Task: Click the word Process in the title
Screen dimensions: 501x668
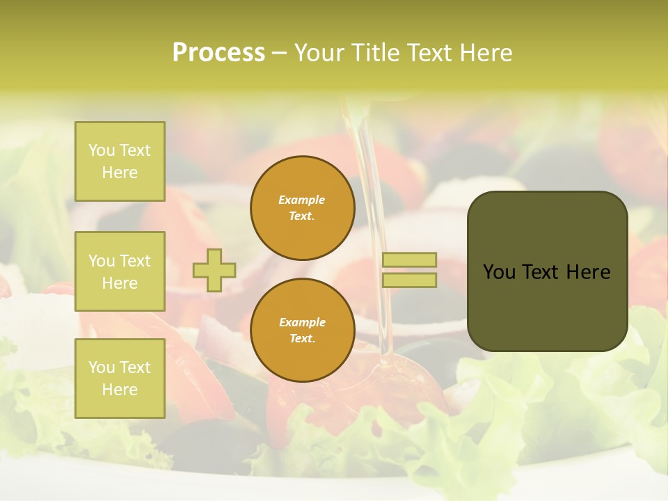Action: click(x=218, y=52)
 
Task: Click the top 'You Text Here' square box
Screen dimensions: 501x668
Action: click(x=120, y=161)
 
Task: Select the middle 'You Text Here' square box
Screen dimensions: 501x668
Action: click(x=120, y=271)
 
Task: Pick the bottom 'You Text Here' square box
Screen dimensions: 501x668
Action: click(x=120, y=379)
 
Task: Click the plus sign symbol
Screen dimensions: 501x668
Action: click(x=214, y=270)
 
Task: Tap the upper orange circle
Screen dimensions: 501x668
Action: click(x=303, y=207)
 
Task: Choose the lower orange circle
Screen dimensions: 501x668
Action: click(x=303, y=330)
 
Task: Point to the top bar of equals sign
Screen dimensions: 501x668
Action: click(x=410, y=260)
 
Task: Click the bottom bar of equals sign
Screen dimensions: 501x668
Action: click(x=410, y=280)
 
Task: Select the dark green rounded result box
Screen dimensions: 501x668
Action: click(x=547, y=271)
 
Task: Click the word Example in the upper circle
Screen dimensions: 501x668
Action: click(x=302, y=200)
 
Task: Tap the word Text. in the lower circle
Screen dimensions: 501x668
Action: click(x=302, y=339)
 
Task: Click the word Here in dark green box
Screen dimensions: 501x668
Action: click(x=589, y=271)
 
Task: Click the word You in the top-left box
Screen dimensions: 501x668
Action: click(x=102, y=150)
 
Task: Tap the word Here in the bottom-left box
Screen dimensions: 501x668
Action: click(x=120, y=390)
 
